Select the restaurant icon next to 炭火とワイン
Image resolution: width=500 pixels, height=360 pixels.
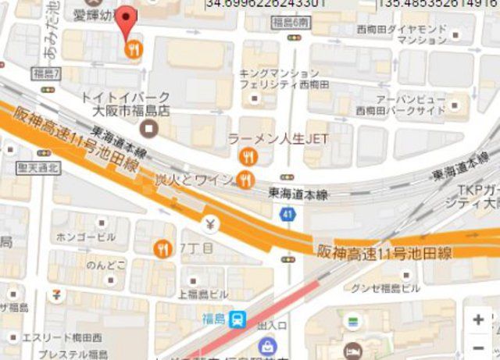[245, 181]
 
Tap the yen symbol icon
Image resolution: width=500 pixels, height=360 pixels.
[210, 225]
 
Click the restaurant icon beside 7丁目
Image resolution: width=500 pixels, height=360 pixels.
[164, 248]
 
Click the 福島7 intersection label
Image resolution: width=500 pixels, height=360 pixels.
[44, 73]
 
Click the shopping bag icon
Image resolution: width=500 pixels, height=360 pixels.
[267, 346]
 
